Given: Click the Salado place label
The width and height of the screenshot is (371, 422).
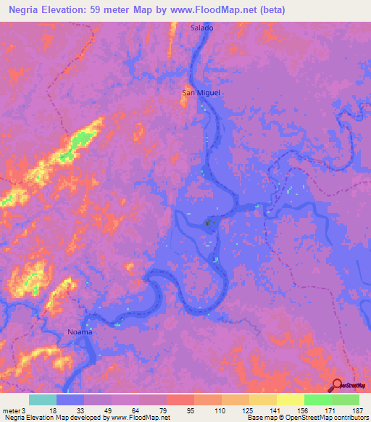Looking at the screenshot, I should [x=202, y=28].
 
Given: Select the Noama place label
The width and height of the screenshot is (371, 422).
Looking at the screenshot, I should [x=80, y=331].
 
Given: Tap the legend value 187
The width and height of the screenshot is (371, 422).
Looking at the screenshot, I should [x=358, y=410].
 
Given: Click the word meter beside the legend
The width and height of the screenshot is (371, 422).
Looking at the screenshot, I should [x=11, y=410].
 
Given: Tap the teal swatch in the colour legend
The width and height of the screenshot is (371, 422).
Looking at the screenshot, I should [x=43, y=400].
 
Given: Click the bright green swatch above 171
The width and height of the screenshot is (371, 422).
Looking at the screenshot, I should [x=317, y=400].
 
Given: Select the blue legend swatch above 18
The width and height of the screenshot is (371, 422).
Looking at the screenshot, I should [x=70, y=400].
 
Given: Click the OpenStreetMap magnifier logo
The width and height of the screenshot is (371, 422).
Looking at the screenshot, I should [x=337, y=386].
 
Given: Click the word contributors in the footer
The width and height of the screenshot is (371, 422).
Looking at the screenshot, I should [x=346, y=418].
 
